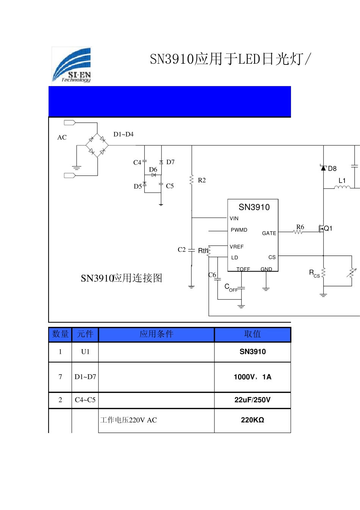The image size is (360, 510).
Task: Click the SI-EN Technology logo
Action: point(72,65)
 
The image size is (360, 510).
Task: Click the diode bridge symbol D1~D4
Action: point(97,145)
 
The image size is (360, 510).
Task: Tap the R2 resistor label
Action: point(202,180)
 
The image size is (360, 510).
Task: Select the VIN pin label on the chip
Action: point(234,218)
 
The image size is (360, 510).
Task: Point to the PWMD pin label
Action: point(239,230)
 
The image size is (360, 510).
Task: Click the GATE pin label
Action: point(269,234)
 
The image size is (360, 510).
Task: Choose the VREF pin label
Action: point(236,247)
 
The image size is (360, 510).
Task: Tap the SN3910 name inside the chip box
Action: point(254,207)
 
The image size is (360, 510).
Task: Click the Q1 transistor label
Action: point(328,228)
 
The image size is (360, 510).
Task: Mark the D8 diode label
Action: point(332,169)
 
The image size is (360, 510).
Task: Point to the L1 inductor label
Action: point(342,181)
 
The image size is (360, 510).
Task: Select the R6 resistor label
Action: point(300,227)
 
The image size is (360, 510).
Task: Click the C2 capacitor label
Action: point(182,250)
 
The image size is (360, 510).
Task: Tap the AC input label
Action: point(62,138)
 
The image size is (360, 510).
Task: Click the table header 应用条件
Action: point(156,334)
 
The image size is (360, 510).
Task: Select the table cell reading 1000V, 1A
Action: point(252,377)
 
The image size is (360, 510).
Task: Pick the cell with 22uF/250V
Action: point(252,400)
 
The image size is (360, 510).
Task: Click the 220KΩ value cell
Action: point(252,420)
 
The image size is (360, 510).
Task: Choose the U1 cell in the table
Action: point(85,352)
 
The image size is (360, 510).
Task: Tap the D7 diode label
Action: point(171,162)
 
